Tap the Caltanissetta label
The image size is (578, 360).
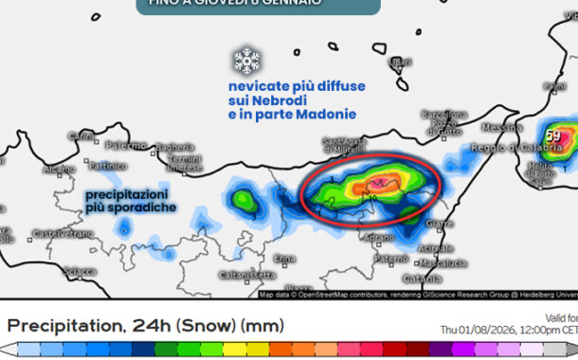(240, 275)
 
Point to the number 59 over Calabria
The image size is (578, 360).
(553, 136)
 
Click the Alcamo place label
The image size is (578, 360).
(59, 169)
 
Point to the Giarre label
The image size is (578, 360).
(439, 224)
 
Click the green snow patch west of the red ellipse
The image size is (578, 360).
(245, 201)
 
